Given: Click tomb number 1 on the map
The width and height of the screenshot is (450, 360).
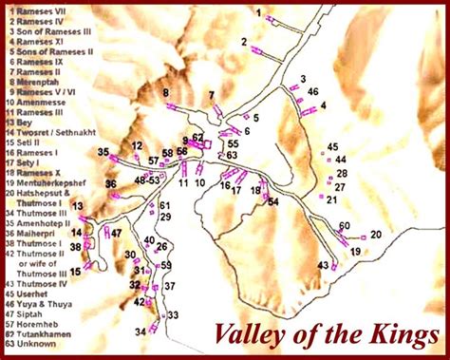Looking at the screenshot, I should tap(258, 12).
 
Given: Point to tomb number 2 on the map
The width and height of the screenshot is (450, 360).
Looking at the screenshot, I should tap(244, 43).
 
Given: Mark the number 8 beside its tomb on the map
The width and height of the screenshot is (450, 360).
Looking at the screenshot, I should tap(165, 92).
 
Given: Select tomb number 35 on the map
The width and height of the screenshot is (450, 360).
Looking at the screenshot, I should tap(103, 152).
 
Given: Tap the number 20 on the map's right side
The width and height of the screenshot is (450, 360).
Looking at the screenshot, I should tap(375, 235).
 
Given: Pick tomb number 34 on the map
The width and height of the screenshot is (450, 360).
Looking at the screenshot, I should tap(140, 331).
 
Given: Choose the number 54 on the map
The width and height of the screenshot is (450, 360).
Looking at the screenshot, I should tap(273, 202).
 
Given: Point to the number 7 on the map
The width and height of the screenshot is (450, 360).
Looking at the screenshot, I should tap(212, 96).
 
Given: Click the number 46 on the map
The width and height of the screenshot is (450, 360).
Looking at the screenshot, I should tap(312, 91).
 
